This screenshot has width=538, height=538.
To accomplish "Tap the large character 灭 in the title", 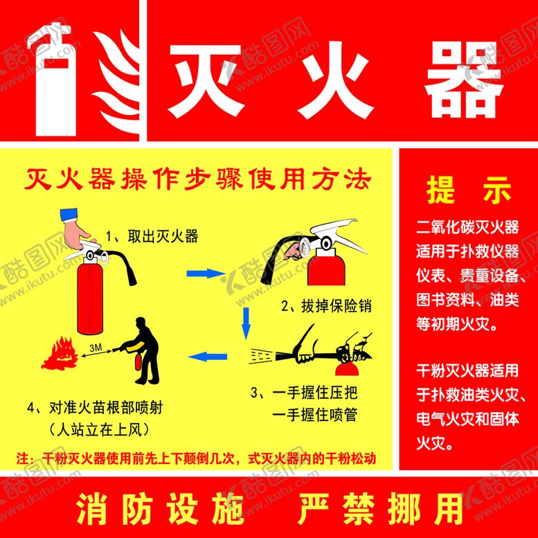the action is (206, 81).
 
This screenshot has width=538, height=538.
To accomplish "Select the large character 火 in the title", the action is (335, 81).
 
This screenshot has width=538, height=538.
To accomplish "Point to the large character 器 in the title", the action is (464, 81).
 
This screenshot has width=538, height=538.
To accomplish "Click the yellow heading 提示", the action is (469, 190).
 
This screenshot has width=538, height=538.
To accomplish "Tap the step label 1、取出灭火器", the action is (152, 236).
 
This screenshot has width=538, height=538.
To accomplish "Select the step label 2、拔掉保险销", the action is (326, 306).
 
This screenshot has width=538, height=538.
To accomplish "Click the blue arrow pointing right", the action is (206, 274).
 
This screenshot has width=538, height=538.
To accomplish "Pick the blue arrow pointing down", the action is (246, 323).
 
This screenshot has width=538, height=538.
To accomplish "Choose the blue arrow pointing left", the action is (208, 357).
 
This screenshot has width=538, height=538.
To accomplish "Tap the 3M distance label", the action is (96, 348).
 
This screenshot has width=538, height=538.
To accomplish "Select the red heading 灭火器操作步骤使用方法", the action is (197, 179).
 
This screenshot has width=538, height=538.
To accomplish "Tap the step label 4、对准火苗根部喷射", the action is (95, 408).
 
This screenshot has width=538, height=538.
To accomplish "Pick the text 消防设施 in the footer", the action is (160, 509).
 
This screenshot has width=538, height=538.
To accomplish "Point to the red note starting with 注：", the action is (196, 458).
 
